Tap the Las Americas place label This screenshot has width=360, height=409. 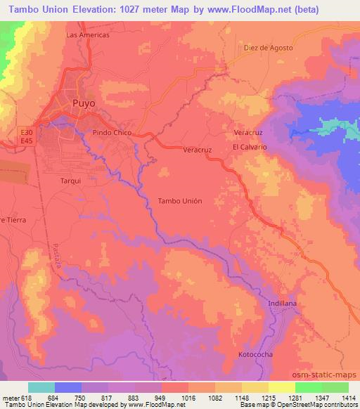(87, 34)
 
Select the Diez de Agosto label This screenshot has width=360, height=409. (268, 48)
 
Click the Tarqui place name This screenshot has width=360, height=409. (70, 180)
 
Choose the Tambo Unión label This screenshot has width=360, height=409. (180, 201)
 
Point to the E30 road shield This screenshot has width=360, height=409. (25, 131)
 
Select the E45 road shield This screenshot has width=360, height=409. (25, 141)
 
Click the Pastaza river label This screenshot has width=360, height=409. (57, 252)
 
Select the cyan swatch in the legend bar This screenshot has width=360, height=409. (41, 387)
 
